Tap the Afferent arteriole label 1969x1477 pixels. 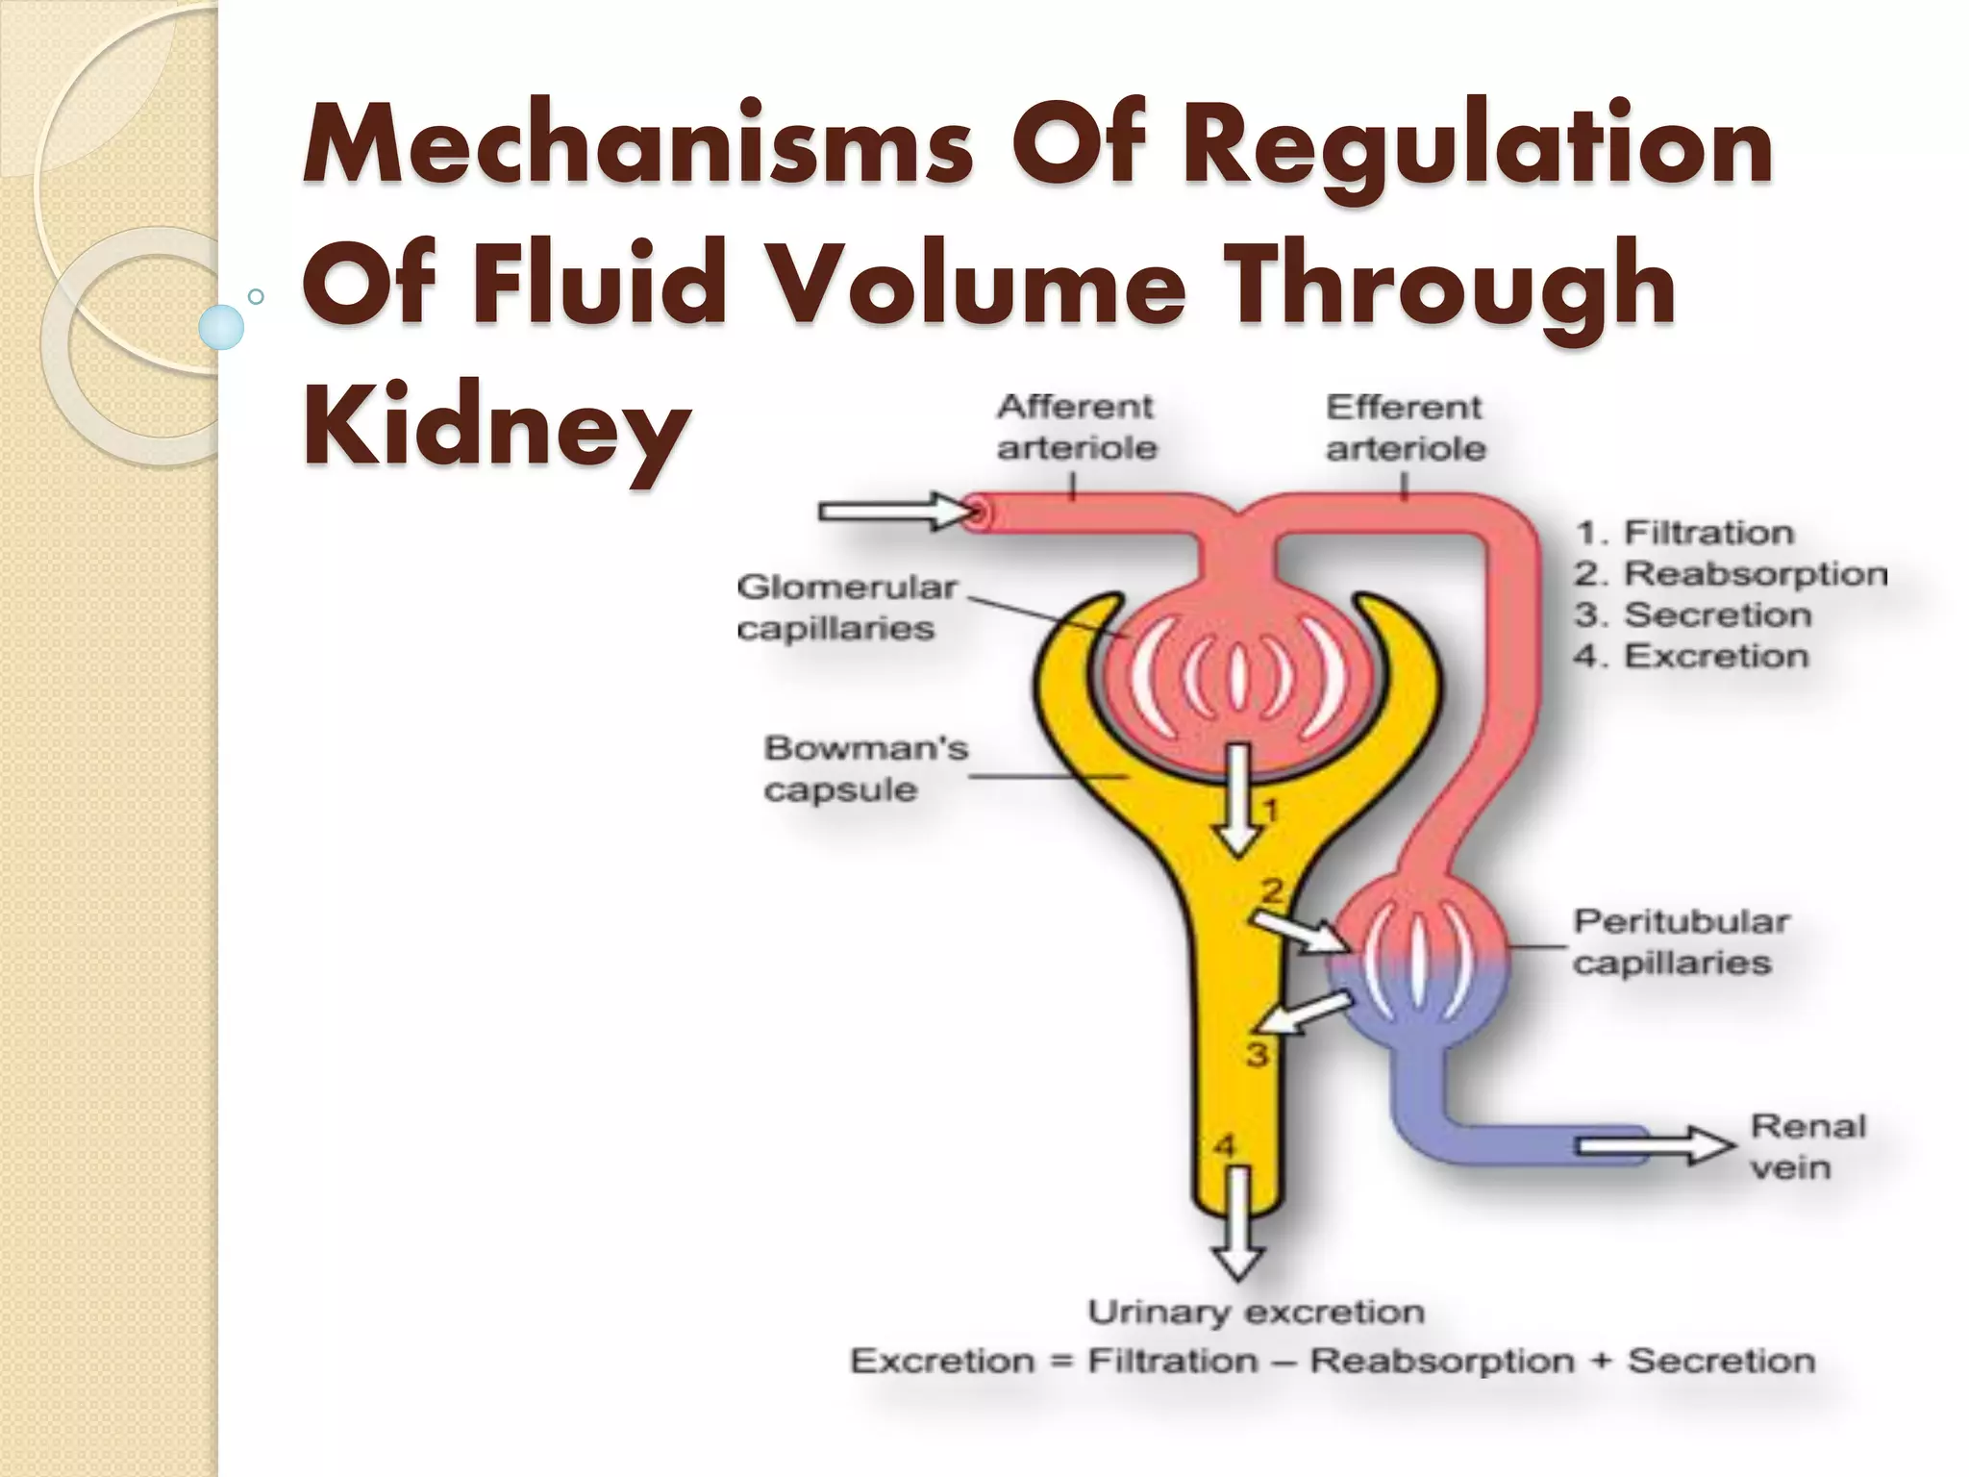coord(1076,428)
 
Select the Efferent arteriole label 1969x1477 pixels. coord(1406,428)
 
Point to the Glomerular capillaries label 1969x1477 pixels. coord(846,608)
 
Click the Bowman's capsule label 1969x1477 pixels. coord(865,769)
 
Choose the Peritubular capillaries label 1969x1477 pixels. coord(1681,942)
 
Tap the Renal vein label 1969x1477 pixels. coord(1807,1146)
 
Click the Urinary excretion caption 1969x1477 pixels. coord(1256,1313)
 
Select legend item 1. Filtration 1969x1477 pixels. coord(1684,533)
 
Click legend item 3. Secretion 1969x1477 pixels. coord(1693,615)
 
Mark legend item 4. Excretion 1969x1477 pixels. coord(1691,657)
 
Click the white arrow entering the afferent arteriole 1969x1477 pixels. coord(894,511)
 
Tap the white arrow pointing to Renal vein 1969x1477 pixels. coord(1654,1145)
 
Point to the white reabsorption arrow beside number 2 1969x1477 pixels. coord(1296,931)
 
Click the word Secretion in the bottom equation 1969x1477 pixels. coord(1721,1362)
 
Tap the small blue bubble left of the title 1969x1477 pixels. coord(221,326)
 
